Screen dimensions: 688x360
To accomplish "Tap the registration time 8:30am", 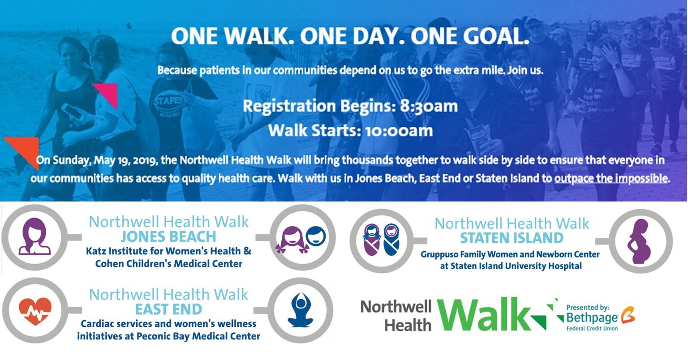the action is tap(429, 106).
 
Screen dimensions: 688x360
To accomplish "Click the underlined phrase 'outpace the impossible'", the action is tap(611, 179).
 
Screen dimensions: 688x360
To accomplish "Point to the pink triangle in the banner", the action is tap(107, 94).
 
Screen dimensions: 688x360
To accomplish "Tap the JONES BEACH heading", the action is tap(168, 237).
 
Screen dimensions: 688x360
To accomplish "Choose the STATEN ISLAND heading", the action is tap(512, 238).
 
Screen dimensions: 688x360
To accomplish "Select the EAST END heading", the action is tap(168, 309).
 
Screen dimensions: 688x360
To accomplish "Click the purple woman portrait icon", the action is tap(34, 236).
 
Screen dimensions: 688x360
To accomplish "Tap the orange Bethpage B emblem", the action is tap(628, 314).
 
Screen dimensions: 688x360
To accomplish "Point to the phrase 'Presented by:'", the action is tap(588, 308).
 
